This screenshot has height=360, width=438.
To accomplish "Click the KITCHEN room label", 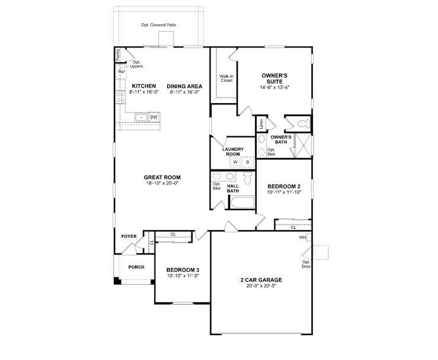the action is [x=144, y=86].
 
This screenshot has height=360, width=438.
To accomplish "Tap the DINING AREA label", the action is [x=184, y=87].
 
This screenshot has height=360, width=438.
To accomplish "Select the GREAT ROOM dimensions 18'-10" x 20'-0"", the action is [x=162, y=183].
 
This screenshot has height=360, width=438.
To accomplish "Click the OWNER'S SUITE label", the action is [x=274, y=78].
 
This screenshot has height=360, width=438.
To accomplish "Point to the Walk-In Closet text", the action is [x=226, y=78].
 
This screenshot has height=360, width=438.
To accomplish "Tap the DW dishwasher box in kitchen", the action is [x=154, y=117].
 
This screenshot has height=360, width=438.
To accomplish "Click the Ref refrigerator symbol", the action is [x=121, y=72].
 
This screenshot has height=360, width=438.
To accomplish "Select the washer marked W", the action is [x=235, y=162].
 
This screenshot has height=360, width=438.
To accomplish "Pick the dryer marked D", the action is [x=248, y=162].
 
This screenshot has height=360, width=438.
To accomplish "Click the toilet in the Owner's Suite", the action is [x=303, y=123].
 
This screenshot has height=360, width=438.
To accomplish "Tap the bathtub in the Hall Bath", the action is [x=242, y=202].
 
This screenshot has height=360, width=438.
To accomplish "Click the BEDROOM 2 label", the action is [x=284, y=186].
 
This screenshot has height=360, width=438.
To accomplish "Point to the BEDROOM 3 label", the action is [x=183, y=270].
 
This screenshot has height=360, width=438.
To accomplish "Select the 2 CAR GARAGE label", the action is [x=261, y=280].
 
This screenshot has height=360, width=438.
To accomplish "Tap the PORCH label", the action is [x=136, y=267].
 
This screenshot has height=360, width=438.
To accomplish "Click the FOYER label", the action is [x=129, y=237].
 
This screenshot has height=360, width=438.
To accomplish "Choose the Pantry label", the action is [x=118, y=55].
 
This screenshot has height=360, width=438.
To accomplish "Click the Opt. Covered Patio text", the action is [x=159, y=25].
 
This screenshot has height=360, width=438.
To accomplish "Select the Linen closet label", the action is [x=261, y=123].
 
